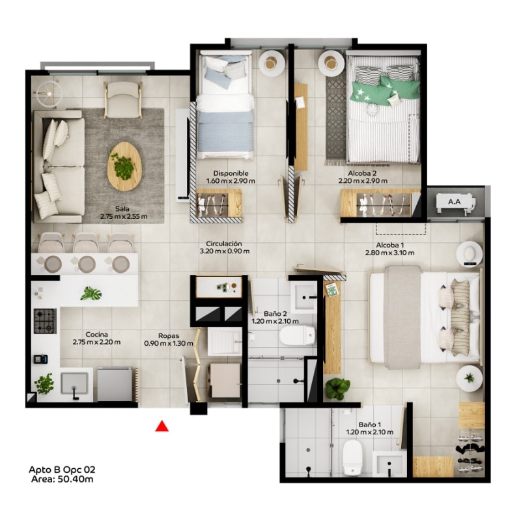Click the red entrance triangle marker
coord(162,426)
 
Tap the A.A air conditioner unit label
coord(454,201)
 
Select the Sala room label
coord(122,208)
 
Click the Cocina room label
coord(96,334)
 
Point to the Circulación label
coord(224,244)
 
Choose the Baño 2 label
coord(275,313)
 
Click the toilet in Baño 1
coord(352,457)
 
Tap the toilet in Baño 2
coord(297,335)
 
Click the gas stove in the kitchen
coord(45,321)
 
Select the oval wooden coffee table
coord(124,167)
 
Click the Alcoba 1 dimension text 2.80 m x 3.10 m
coord(389,253)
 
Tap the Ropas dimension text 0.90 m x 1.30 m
coord(169,343)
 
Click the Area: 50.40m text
coord(62,479)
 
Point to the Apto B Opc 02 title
coord(62,470)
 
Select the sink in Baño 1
coord(389,464)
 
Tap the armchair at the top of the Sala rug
coord(122,99)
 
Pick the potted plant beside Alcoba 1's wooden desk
coord(337,388)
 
